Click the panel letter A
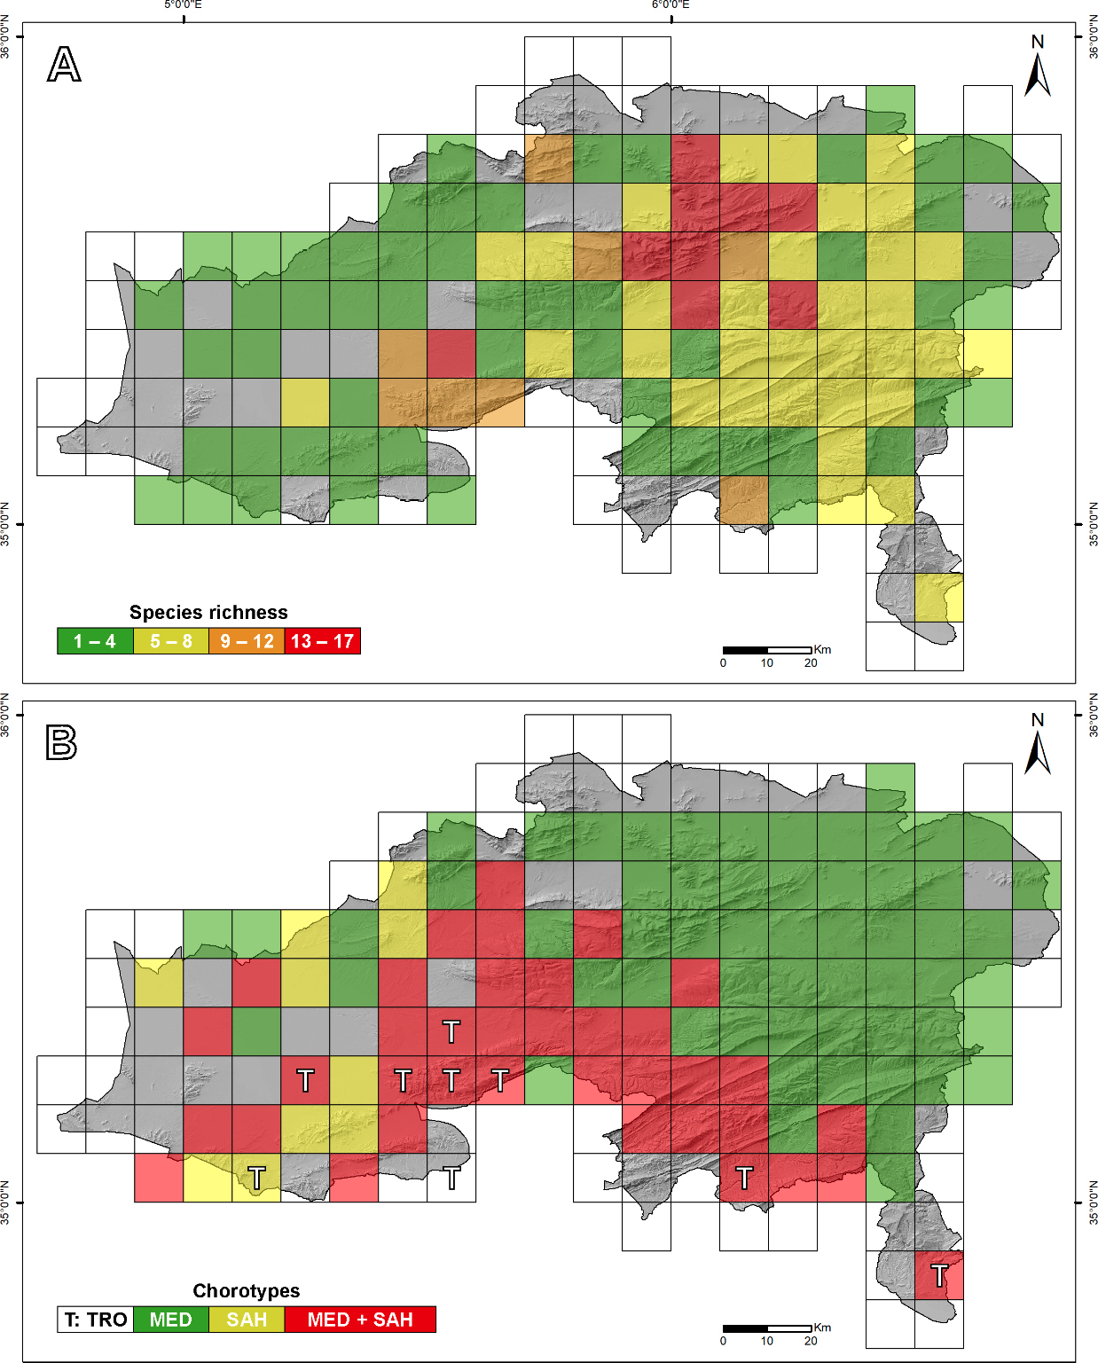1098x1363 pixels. click(64, 65)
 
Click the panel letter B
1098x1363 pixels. click(61, 742)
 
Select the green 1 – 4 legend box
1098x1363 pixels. click(95, 641)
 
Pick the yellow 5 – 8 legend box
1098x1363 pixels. click(171, 641)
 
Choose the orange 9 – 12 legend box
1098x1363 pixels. click(247, 641)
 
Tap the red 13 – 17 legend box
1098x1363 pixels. click(322, 641)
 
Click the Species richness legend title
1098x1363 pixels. click(208, 612)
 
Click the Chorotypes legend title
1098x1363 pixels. click(247, 1290)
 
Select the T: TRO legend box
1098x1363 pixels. click(96, 1320)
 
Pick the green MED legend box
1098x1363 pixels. click(170, 1320)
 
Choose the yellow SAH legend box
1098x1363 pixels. click(247, 1320)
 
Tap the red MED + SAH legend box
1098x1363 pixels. click(360, 1320)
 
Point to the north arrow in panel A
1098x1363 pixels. click(1038, 67)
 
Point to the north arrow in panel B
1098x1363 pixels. click(1038, 746)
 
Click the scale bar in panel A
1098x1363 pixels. click(767, 650)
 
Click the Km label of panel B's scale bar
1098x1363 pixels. click(823, 1328)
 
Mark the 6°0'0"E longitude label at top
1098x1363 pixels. click(671, 5)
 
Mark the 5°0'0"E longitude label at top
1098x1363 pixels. click(184, 5)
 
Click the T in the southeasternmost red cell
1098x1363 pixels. click(939, 1276)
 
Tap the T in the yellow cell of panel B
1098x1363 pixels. click(256, 1178)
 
